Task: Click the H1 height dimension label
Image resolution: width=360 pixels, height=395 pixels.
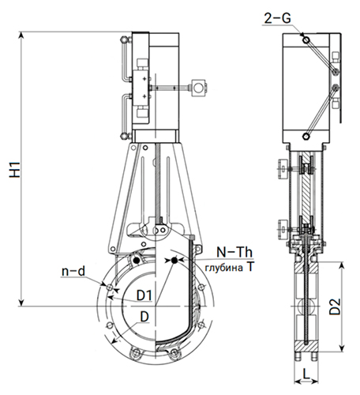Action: coord(15,169)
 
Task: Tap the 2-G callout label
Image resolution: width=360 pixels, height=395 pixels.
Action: coord(277,18)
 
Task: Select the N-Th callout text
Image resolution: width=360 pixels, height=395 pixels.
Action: coord(234,252)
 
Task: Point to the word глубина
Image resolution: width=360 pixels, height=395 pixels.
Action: coord(224,268)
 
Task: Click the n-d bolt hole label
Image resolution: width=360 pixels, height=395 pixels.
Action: coord(73,271)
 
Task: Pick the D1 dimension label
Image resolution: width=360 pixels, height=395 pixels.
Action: coord(144,295)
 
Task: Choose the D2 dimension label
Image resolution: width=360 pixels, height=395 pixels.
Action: coord(335,307)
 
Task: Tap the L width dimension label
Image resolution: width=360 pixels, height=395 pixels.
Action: coord(306,374)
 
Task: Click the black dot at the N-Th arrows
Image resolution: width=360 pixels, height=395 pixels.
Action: coord(174,260)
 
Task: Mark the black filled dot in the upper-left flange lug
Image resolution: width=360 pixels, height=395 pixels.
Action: coord(136,261)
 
